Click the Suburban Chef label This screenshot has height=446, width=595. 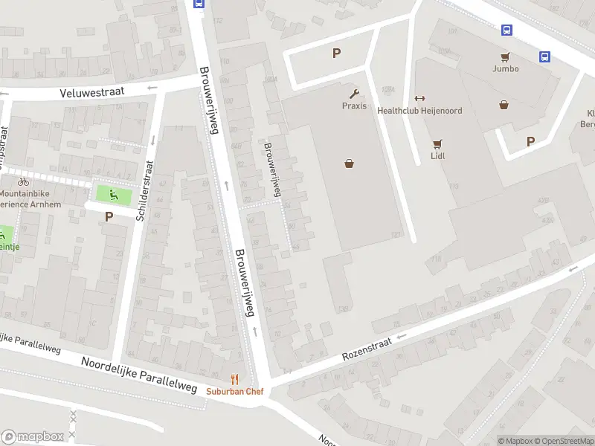pyautogui.click(x=235, y=391)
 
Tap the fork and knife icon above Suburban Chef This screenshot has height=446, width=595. pyautogui.click(x=235, y=379)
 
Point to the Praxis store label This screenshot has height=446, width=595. pyautogui.click(x=354, y=106)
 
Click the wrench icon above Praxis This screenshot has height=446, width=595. pyautogui.click(x=354, y=94)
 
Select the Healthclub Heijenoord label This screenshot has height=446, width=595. pyautogui.click(x=419, y=111)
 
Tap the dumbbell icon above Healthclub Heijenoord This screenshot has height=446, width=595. pyautogui.click(x=419, y=98)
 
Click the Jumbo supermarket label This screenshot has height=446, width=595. pyautogui.click(x=505, y=69)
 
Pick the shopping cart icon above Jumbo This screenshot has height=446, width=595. pyautogui.click(x=505, y=56)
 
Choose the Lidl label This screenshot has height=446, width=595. pyautogui.click(x=437, y=156)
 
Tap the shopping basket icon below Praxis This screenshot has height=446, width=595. pyautogui.click(x=349, y=164)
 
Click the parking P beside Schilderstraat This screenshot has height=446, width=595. pyautogui.click(x=109, y=217)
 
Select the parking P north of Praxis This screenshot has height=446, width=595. pyautogui.click(x=336, y=53)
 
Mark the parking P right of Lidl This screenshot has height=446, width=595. pyautogui.click(x=531, y=141)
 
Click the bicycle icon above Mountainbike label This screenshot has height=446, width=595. pyautogui.click(x=23, y=181)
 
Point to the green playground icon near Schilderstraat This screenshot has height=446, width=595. pyautogui.click(x=114, y=195)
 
